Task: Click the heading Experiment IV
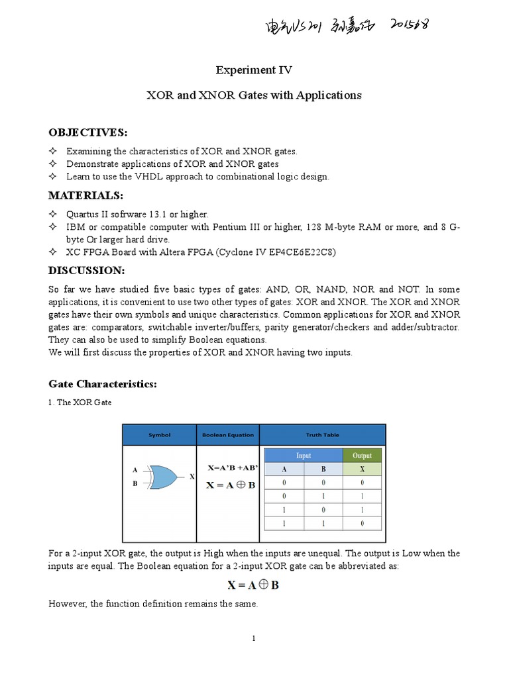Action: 254,70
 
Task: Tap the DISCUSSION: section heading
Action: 86,271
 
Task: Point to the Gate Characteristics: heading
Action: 103,384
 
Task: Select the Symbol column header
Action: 159,435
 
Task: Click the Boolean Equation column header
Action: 227,435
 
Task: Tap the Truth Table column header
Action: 322,435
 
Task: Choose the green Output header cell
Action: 362,456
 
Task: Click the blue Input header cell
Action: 304,456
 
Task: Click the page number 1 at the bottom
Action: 254,638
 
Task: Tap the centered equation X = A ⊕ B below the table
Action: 254,585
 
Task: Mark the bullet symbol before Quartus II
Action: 54,215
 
